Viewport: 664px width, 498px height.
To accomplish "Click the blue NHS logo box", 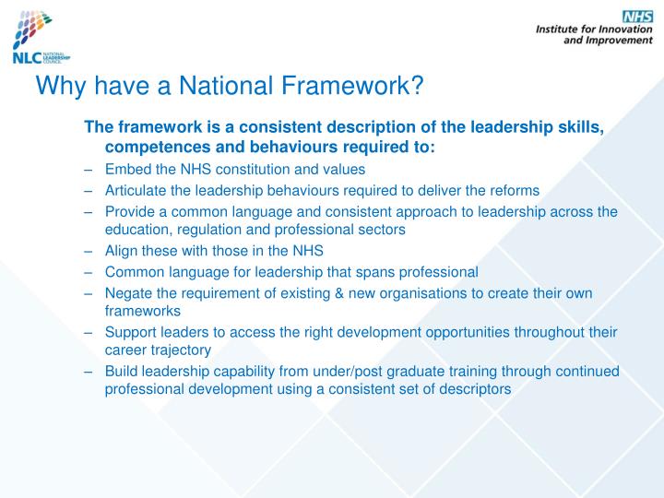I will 637,17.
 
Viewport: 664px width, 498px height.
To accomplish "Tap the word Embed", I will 125,170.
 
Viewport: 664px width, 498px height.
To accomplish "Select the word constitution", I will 243,170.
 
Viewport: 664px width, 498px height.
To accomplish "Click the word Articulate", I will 136,191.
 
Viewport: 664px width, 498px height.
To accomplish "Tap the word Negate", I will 128,293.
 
